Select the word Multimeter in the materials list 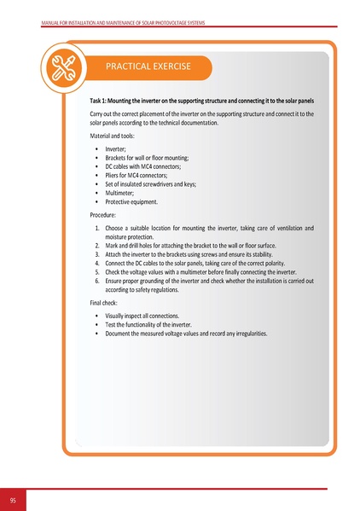tap(122, 195)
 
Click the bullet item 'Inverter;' tap(118, 149)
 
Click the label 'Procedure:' tap(106, 217)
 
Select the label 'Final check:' tap(107, 303)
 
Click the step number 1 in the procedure tap(96, 228)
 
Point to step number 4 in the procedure tap(96, 263)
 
